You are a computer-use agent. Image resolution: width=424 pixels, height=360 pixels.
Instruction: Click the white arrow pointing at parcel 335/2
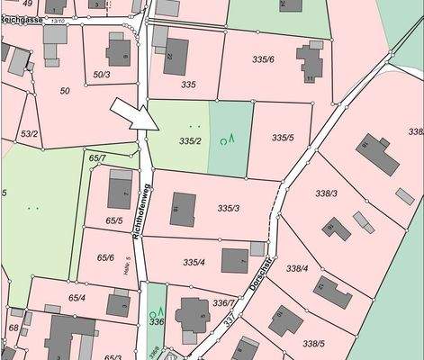(x=129, y=115)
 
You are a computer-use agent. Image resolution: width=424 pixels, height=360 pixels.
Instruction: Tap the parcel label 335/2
(x=189, y=141)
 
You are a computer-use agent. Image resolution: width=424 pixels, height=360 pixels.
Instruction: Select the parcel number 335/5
(x=283, y=138)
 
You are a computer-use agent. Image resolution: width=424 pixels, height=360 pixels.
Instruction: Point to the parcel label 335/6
(x=263, y=59)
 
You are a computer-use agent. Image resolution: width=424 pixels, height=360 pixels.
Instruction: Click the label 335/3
(x=229, y=208)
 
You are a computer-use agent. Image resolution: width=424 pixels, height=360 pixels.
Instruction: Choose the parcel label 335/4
(x=194, y=262)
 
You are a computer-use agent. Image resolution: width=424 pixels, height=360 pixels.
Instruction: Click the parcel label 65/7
(x=97, y=158)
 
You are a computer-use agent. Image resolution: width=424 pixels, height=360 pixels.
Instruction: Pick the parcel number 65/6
(x=104, y=257)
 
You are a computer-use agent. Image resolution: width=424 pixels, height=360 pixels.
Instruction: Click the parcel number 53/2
(x=30, y=133)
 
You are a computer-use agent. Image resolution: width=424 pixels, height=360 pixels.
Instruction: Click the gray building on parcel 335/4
(x=235, y=259)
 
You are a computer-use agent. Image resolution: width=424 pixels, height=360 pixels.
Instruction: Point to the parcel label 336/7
(x=223, y=303)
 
